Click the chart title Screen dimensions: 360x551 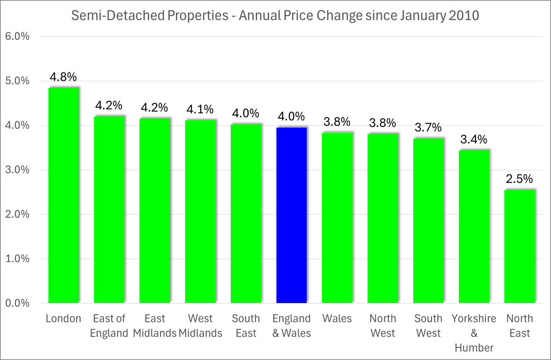pos(275,16)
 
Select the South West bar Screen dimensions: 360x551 pos(428,220)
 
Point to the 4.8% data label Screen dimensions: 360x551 pos(63,77)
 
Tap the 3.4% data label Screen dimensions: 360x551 pos(474,140)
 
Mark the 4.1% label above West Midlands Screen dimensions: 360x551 pos(200,109)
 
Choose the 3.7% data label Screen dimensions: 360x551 pos(428,127)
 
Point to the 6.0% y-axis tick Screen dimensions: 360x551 pos(17,37)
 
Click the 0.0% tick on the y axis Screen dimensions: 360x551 pos(17,304)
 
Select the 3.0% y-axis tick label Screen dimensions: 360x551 pos(17,170)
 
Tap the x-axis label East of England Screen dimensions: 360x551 pos(109,326)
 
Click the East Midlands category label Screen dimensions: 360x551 pos(155,326)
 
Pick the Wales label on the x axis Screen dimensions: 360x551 pos(337,319)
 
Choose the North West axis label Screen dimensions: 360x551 pos(383,326)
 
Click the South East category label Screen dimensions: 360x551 pos(246,326)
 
